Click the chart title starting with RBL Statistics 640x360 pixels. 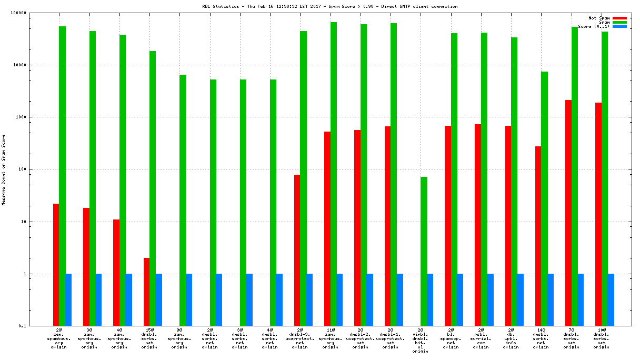330,7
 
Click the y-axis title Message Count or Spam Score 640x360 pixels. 4,169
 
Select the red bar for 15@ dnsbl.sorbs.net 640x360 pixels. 146,292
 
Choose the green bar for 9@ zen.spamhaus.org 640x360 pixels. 183,200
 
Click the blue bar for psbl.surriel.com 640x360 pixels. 490,299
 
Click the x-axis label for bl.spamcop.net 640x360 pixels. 451,338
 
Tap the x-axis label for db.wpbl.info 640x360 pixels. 511,338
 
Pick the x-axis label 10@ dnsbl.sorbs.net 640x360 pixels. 601,338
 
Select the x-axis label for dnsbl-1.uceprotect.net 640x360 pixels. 390,338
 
